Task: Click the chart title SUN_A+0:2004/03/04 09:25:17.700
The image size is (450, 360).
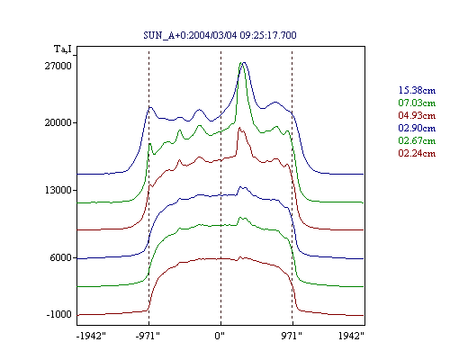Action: tap(220, 35)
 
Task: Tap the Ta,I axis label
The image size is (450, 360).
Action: tap(63, 49)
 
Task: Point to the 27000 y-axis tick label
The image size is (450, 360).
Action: tap(58, 66)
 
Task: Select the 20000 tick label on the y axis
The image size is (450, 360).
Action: tap(58, 122)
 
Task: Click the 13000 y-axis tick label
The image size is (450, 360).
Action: tap(58, 190)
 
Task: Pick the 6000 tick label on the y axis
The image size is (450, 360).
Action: tap(61, 257)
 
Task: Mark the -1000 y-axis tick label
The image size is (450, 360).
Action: tap(59, 314)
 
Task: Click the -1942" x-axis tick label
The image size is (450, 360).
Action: tap(91, 336)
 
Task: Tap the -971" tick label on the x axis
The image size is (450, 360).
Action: tap(148, 336)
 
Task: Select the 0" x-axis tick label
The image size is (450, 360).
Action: tap(220, 336)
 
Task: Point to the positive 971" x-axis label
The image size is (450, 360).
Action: tap(292, 336)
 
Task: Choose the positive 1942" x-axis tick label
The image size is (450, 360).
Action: tap(351, 336)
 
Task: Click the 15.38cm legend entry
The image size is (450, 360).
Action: tap(417, 90)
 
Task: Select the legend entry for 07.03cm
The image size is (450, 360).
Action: tap(417, 103)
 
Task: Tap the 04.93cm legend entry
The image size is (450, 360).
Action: tap(417, 115)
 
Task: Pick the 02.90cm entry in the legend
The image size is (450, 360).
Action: tap(417, 128)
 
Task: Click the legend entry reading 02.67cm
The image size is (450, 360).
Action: tap(417, 140)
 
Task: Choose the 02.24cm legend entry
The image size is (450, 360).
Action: tap(417, 153)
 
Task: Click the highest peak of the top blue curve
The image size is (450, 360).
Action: tap(244, 62)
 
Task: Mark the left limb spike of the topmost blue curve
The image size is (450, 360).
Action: tap(150, 107)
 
